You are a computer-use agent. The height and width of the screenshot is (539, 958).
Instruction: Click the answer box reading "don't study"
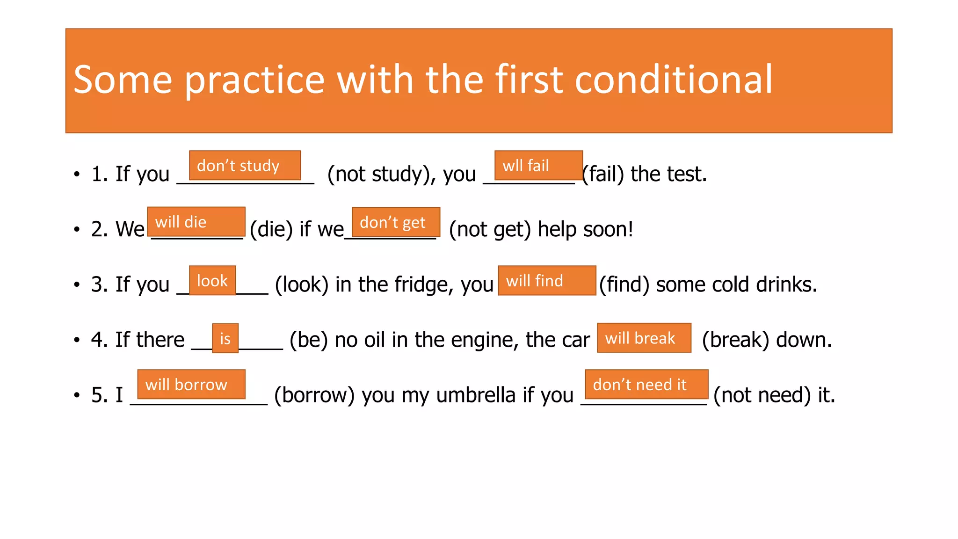245,165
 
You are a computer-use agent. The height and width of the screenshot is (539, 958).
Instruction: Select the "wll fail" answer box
538,165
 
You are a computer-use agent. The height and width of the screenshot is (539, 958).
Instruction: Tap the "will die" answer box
196,221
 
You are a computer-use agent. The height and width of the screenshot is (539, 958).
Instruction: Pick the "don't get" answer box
396,222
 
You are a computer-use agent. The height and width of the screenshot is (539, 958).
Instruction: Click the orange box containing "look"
212,280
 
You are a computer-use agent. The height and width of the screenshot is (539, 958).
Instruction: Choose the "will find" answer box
547,280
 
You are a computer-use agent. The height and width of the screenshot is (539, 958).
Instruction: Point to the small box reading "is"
225,338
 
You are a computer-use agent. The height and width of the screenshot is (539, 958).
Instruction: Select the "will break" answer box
644,337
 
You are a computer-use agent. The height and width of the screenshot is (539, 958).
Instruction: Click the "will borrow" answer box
191,384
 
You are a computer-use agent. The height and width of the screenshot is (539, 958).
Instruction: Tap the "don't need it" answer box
646,384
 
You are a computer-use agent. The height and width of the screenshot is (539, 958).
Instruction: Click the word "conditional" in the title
673,80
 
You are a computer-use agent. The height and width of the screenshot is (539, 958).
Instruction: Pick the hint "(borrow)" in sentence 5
314,395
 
